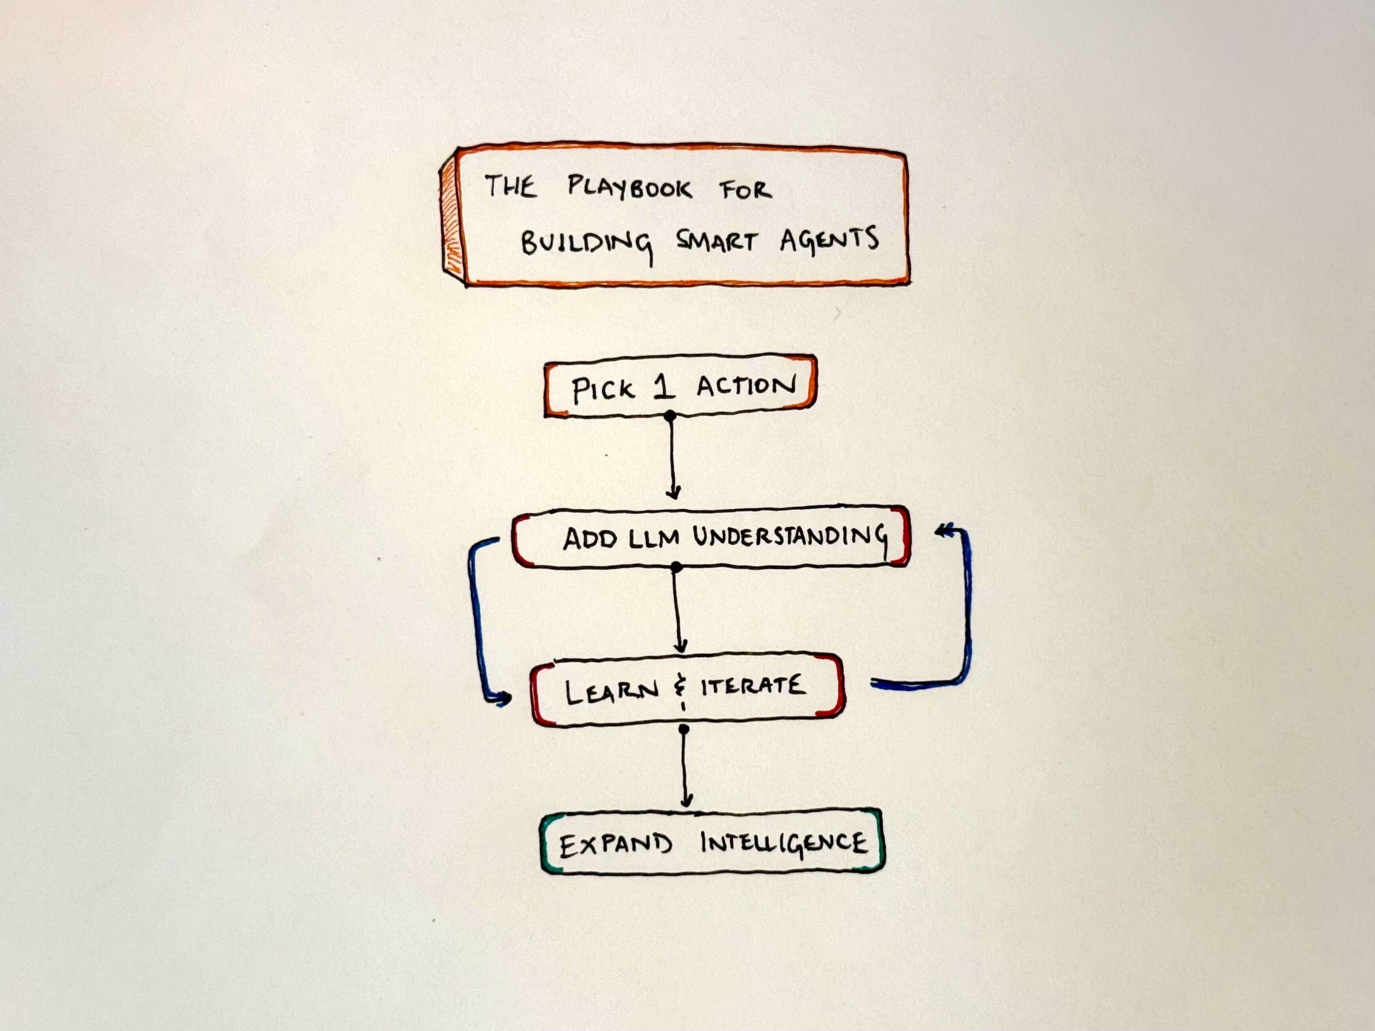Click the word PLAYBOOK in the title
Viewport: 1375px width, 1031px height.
[x=628, y=187]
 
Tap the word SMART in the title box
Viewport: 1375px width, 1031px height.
[x=716, y=241]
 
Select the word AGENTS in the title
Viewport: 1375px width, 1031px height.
[x=828, y=239]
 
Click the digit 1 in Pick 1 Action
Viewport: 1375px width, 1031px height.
[x=664, y=387]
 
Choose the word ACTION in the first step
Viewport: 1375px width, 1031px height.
[x=745, y=386]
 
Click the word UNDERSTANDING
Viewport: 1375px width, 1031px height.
[x=790, y=536]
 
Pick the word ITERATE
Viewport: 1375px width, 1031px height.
[x=753, y=686]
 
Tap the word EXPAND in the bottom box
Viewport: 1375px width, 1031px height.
[x=615, y=845]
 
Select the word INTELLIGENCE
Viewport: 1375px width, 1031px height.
[x=783, y=844]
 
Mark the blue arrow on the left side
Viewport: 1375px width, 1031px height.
[x=477, y=621]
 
